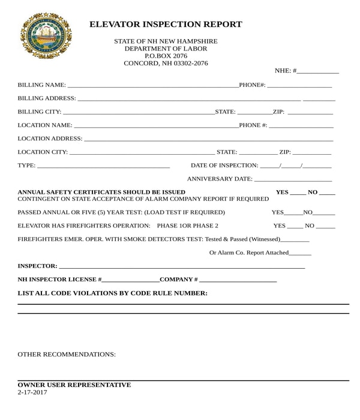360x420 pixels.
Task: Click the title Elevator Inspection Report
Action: tap(166, 25)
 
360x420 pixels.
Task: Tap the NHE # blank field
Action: tap(317, 71)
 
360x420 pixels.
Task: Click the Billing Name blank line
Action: tap(152, 85)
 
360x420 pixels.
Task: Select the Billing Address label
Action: tap(47, 98)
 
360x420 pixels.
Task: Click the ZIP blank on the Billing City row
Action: tap(310, 112)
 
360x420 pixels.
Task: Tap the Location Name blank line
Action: tap(155, 125)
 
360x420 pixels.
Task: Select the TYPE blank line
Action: tap(103, 166)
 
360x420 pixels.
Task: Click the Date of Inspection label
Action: tap(224, 166)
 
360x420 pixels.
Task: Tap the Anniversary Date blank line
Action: tap(293, 179)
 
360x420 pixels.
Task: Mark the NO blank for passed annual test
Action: tap(324, 212)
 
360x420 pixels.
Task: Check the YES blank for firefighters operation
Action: tap(295, 226)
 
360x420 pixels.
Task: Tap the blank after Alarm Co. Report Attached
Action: tap(300, 253)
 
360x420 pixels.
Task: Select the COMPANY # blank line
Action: tap(238, 280)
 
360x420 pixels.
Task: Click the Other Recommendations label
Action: tap(67, 355)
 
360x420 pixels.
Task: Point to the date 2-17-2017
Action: tap(32, 392)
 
